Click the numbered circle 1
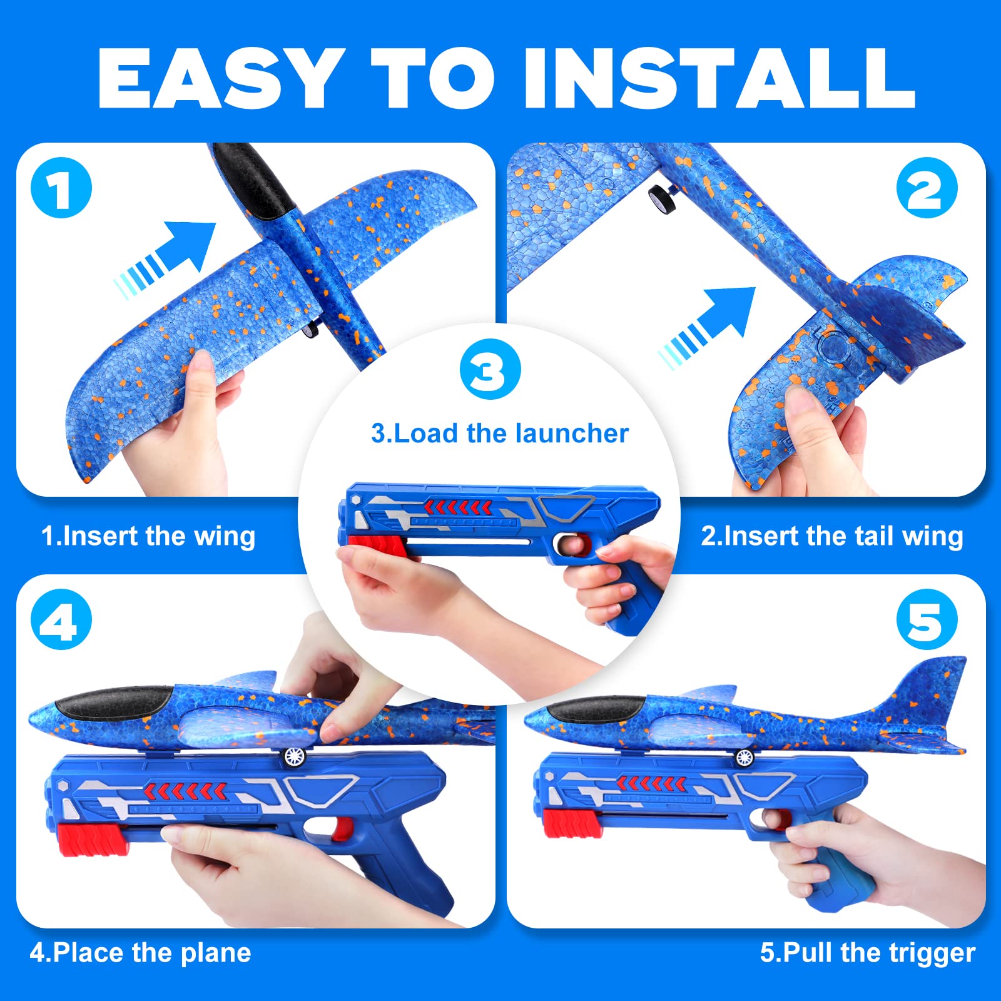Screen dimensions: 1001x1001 [x=61, y=188]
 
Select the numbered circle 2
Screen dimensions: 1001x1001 [x=927, y=188]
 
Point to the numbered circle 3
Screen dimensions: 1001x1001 [x=490, y=369]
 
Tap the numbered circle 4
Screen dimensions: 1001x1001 [x=61, y=619]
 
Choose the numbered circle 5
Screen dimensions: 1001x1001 [x=927, y=619]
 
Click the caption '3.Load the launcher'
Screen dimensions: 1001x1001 [x=499, y=434]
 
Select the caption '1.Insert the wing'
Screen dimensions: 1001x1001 [x=148, y=537]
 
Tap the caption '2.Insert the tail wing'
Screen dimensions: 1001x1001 [x=831, y=537]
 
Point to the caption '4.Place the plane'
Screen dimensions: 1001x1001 [x=140, y=953]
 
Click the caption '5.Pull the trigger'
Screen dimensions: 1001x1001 [x=868, y=953]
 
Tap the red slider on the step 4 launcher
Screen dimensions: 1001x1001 [x=93, y=839]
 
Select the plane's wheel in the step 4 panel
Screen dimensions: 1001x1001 [x=294, y=758]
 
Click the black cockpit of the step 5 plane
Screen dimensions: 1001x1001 [x=594, y=709]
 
